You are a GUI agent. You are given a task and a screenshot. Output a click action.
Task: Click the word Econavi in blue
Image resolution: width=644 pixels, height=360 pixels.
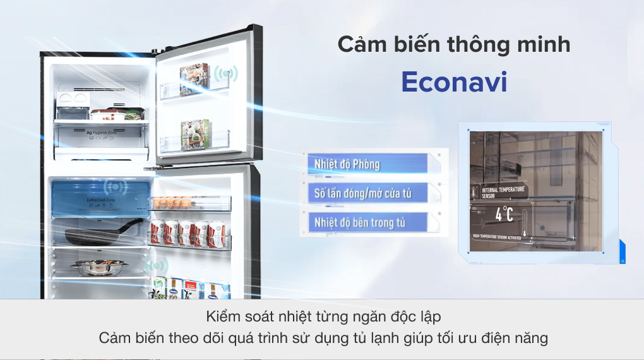[x=454, y=83]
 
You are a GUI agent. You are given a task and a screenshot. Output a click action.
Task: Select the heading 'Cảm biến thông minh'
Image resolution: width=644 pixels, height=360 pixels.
[x=454, y=45]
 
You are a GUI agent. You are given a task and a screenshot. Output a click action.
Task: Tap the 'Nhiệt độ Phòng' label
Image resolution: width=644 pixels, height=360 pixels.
[x=347, y=165]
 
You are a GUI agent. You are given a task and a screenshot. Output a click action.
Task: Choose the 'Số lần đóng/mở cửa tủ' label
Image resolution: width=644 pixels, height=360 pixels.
[x=362, y=193]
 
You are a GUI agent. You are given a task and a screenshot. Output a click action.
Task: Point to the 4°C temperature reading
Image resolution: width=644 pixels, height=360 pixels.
[x=504, y=214]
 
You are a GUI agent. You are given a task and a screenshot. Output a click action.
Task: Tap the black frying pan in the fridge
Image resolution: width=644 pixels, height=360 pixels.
[x=101, y=232]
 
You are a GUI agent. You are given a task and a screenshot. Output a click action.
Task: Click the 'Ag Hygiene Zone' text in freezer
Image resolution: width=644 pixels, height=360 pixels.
[x=95, y=133]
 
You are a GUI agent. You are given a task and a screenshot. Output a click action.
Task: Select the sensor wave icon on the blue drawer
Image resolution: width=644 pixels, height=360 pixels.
[x=116, y=186]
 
